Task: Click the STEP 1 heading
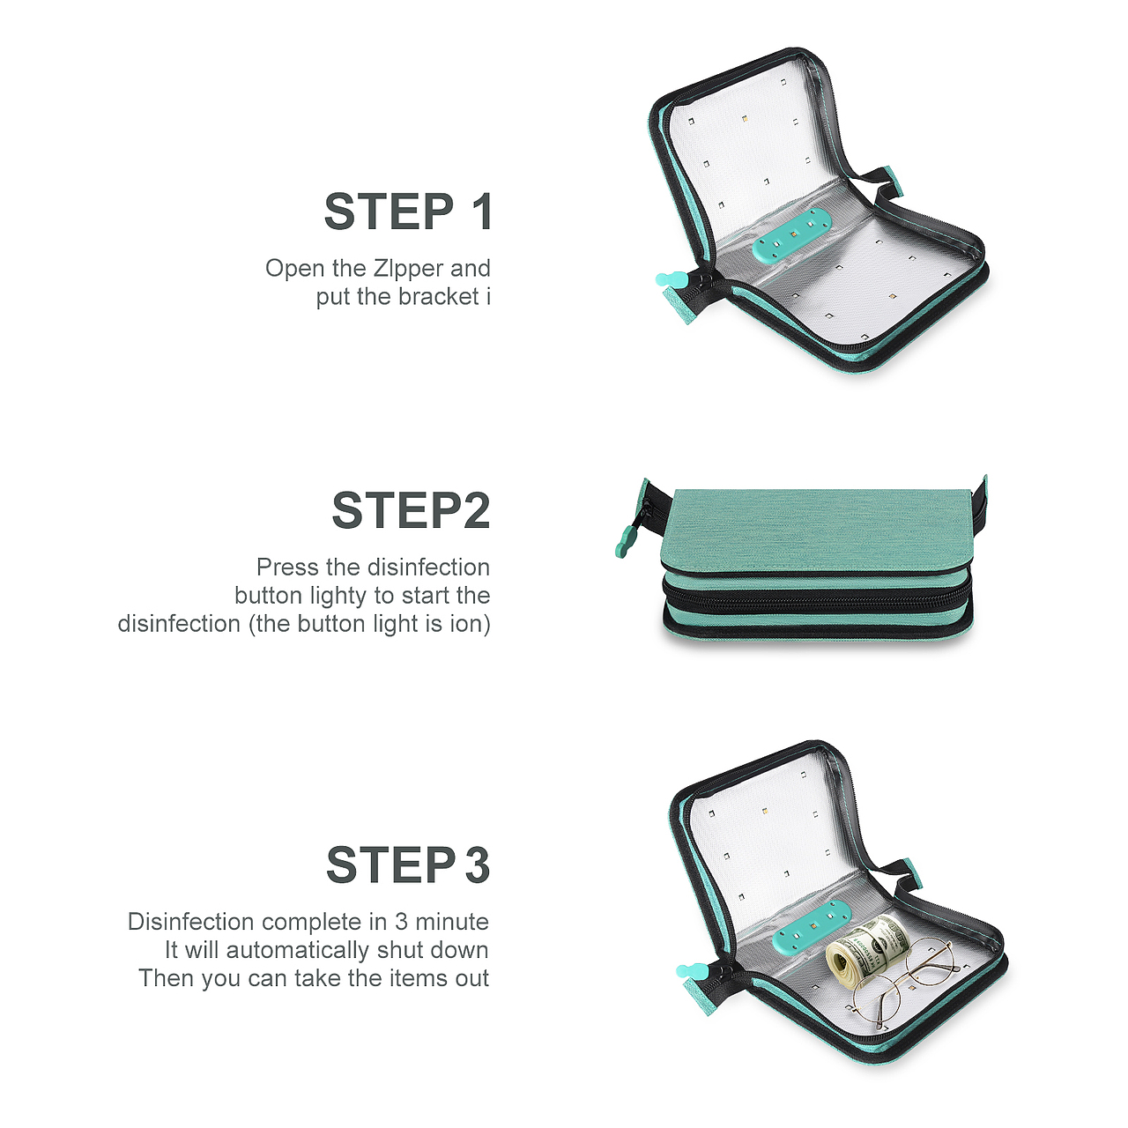tap(407, 211)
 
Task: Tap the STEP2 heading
tap(411, 510)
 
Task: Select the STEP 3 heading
tap(407, 865)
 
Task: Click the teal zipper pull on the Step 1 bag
tap(670, 280)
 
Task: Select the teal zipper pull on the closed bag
tap(626, 542)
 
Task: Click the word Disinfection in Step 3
tap(191, 922)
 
